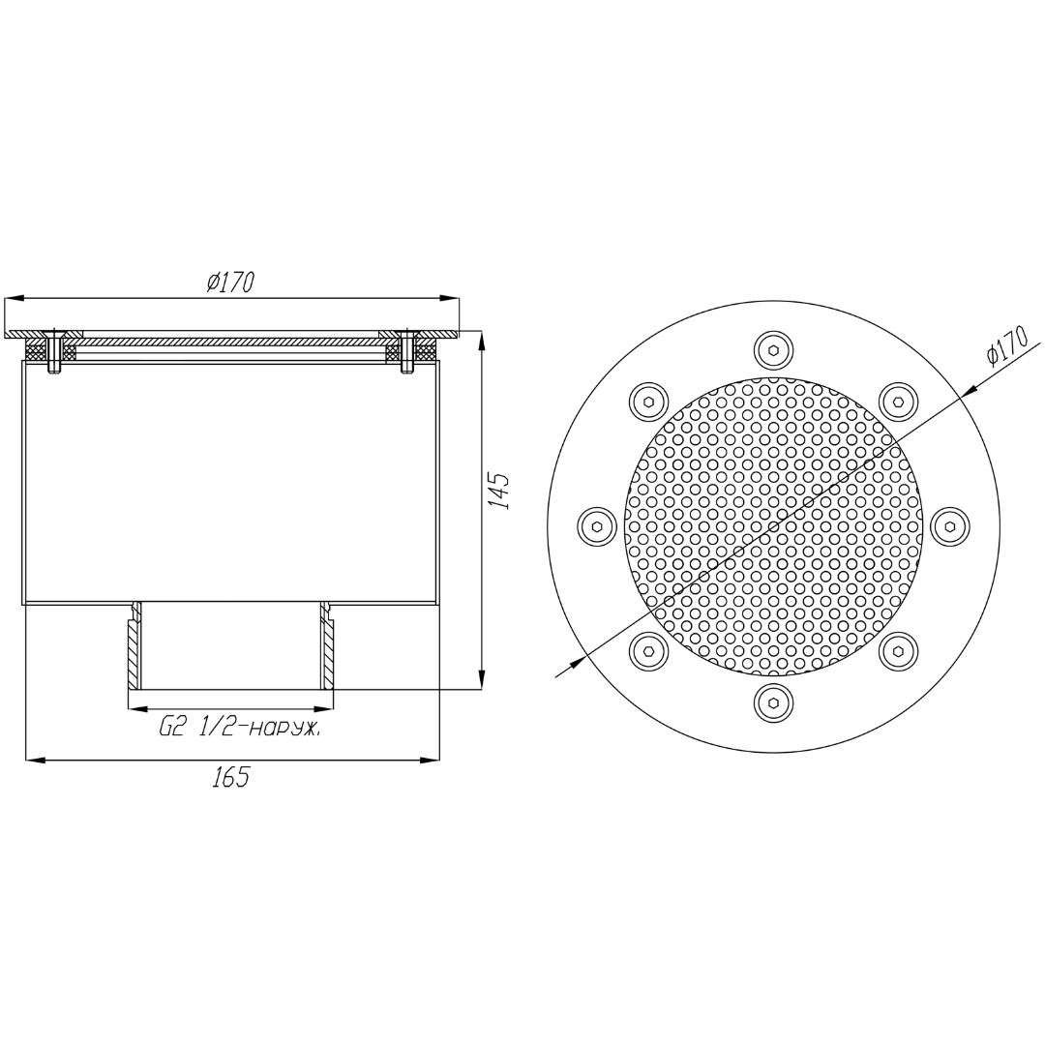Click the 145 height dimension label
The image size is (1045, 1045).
click(x=500, y=492)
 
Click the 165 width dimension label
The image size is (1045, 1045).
click(x=230, y=777)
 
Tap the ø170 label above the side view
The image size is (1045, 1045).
click(x=230, y=283)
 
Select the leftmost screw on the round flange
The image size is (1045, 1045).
click(x=596, y=526)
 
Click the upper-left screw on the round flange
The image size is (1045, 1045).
click(x=648, y=402)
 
